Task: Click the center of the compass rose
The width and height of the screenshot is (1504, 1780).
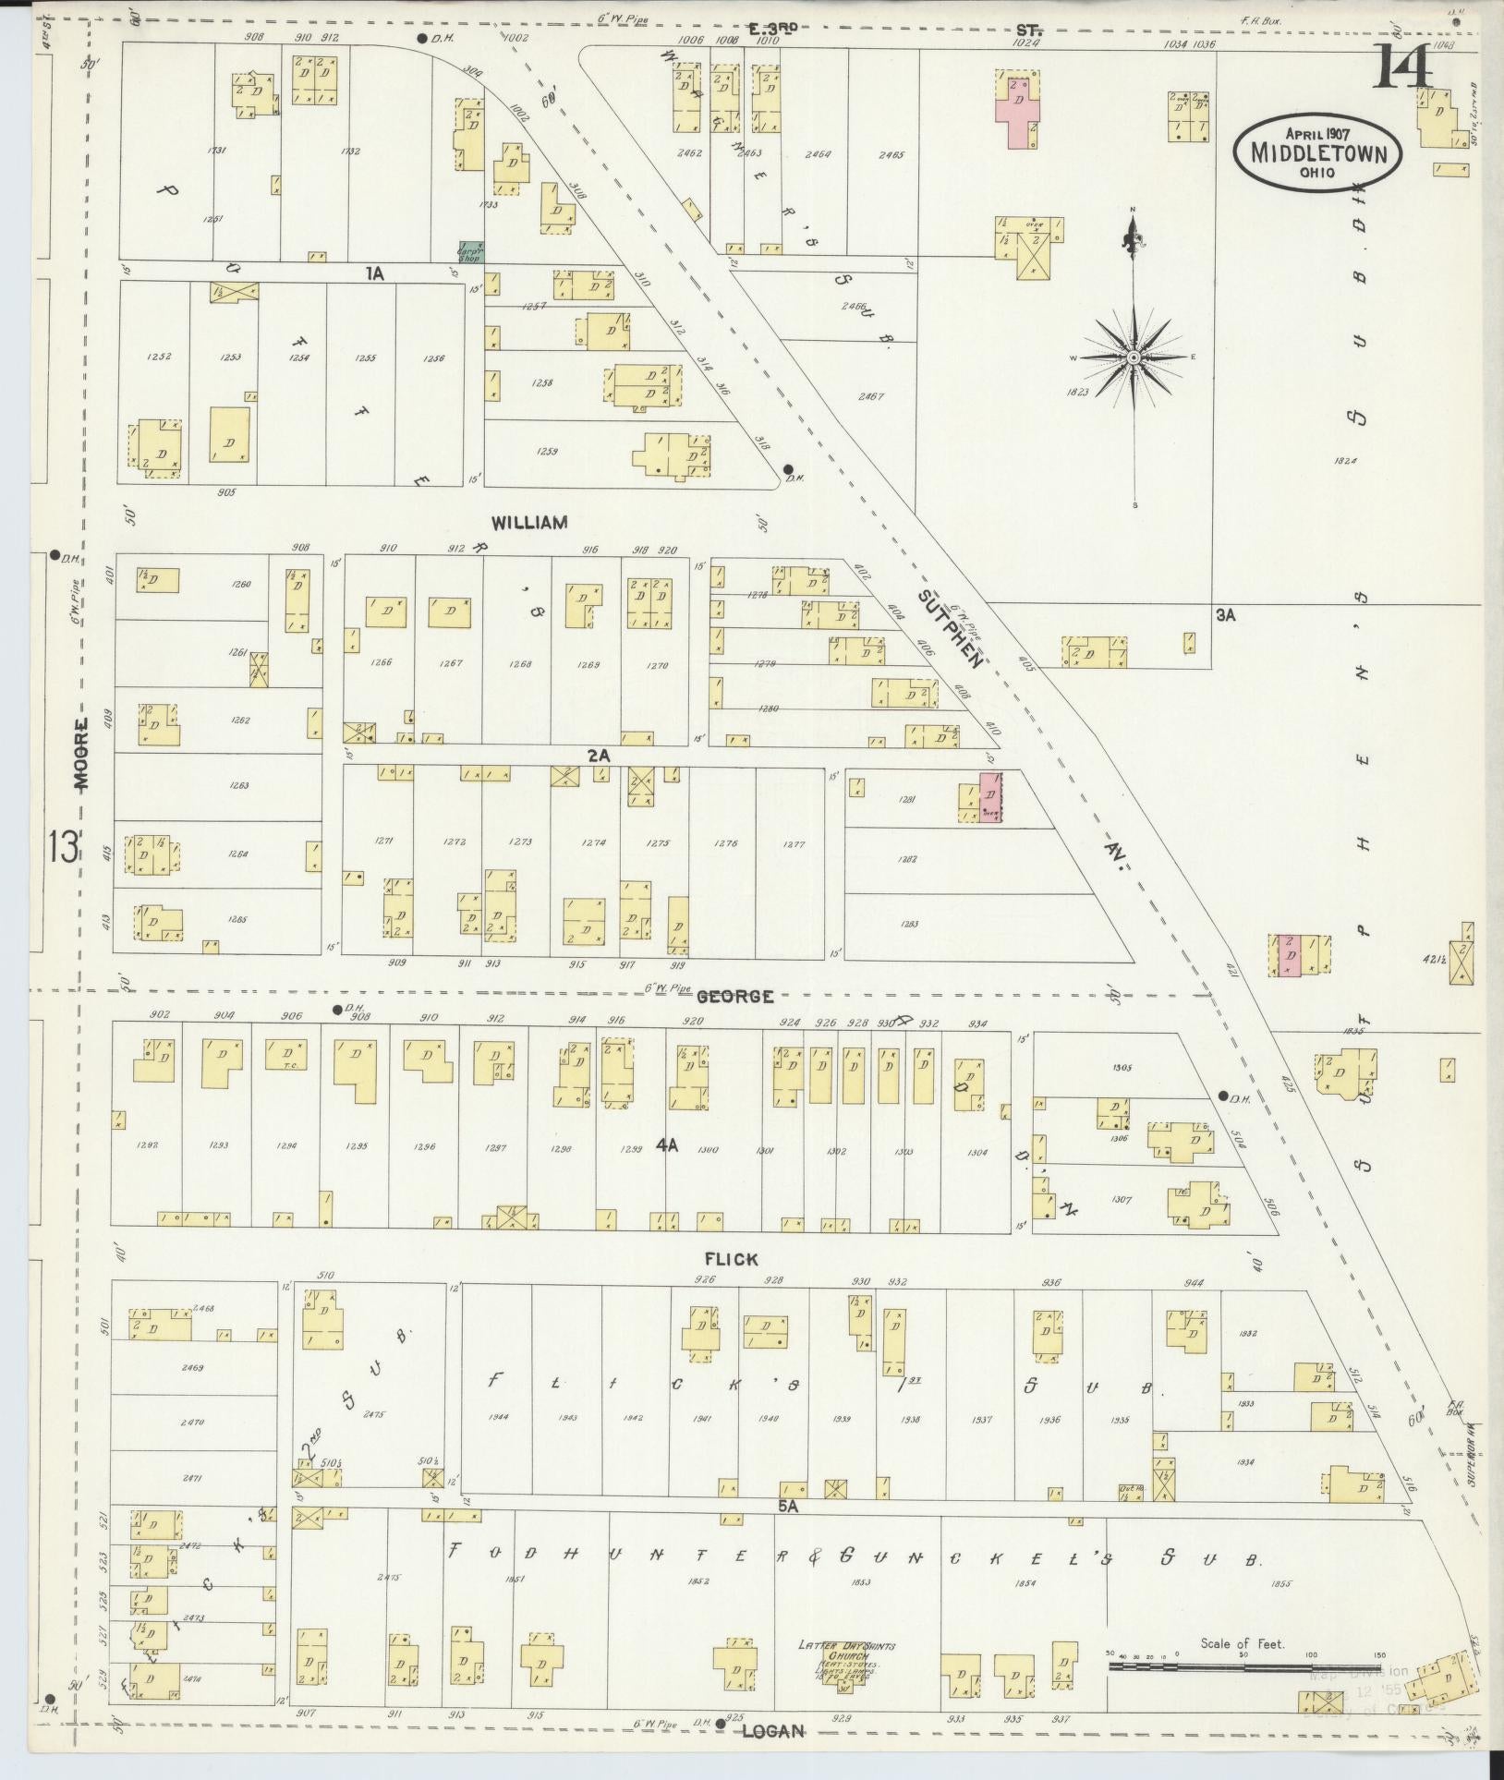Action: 1133,357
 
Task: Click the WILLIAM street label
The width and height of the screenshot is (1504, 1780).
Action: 528,523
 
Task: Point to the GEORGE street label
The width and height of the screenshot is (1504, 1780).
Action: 734,997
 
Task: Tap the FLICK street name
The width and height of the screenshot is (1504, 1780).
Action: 731,1259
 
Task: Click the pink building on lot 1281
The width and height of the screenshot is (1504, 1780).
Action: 990,797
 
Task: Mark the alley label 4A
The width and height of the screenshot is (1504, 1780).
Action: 667,1145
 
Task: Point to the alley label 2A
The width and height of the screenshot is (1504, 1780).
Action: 599,756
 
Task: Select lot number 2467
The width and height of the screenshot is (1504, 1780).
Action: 869,396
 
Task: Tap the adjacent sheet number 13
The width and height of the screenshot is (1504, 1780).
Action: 63,846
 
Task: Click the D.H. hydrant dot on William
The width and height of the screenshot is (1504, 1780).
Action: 787,468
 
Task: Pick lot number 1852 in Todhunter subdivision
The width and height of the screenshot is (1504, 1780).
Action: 698,1581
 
